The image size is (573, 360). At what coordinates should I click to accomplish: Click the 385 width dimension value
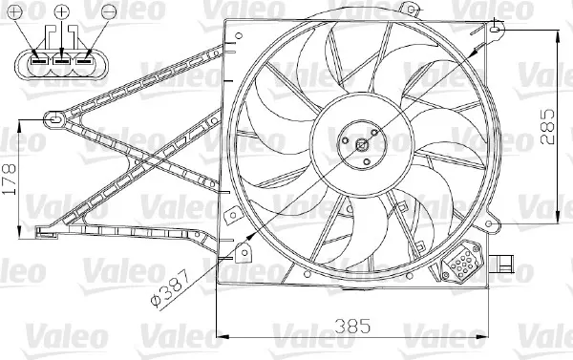pos(351,326)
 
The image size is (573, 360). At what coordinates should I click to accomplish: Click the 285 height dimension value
pos(547,126)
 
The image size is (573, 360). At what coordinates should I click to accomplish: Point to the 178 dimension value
pos(10,180)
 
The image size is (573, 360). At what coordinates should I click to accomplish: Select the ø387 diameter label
pos(170,288)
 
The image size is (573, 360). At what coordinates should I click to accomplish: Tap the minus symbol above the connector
pos(109,12)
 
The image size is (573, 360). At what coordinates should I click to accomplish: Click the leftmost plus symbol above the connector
pos(15,12)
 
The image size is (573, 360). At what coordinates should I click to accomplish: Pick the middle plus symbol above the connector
pos(62,11)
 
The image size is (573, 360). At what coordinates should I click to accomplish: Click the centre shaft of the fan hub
pos(362,145)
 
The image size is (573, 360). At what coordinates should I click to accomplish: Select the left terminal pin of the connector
pos(39,61)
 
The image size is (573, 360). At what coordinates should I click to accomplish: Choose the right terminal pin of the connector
pos(84,61)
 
